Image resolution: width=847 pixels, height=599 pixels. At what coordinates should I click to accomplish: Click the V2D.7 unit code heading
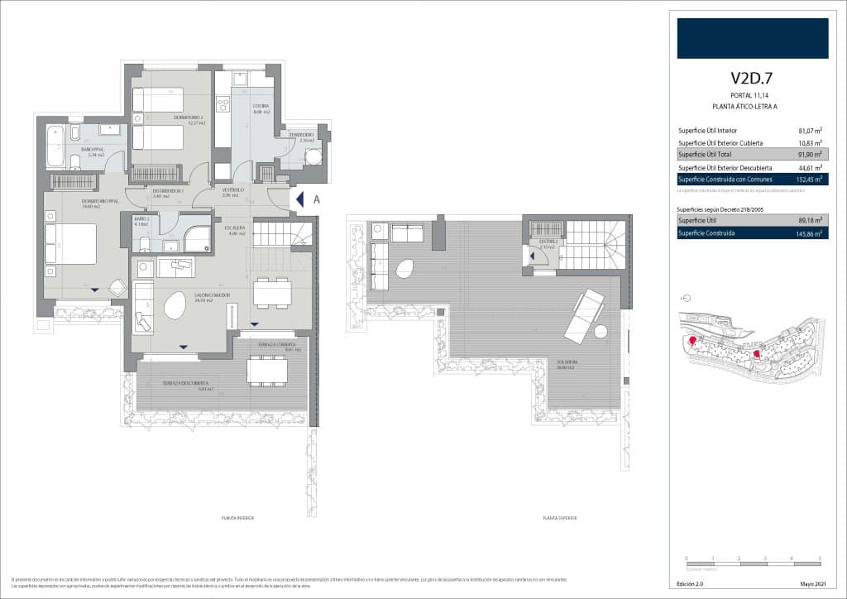click(751, 79)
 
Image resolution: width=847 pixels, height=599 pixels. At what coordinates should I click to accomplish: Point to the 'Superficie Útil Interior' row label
click(707, 131)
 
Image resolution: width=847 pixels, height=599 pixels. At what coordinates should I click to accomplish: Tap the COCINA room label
click(261, 107)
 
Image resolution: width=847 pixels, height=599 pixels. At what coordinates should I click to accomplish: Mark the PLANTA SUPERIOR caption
click(559, 518)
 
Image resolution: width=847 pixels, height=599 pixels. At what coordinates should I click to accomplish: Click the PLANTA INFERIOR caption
click(237, 518)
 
